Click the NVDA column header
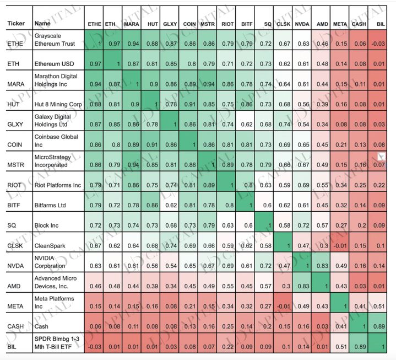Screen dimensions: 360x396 302,25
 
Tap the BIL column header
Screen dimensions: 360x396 381,25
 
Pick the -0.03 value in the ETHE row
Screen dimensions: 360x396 378,44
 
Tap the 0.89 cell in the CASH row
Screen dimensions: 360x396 379,326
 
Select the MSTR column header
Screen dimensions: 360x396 207,25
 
